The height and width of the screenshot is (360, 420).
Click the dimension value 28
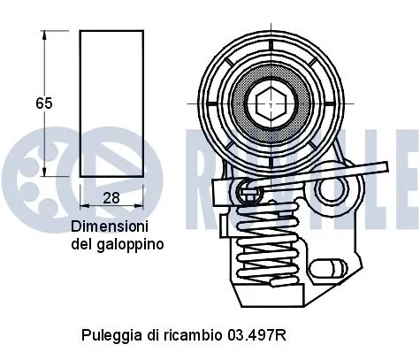pyautogui.click(x=111, y=198)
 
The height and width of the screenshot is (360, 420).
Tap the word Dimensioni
pyautogui.click(x=111, y=225)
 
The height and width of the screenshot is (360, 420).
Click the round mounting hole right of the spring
pyautogui.click(x=332, y=188)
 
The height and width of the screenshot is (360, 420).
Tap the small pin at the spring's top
pyautogui.click(x=248, y=187)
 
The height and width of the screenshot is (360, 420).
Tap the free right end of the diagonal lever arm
pyautogui.click(x=382, y=165)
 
